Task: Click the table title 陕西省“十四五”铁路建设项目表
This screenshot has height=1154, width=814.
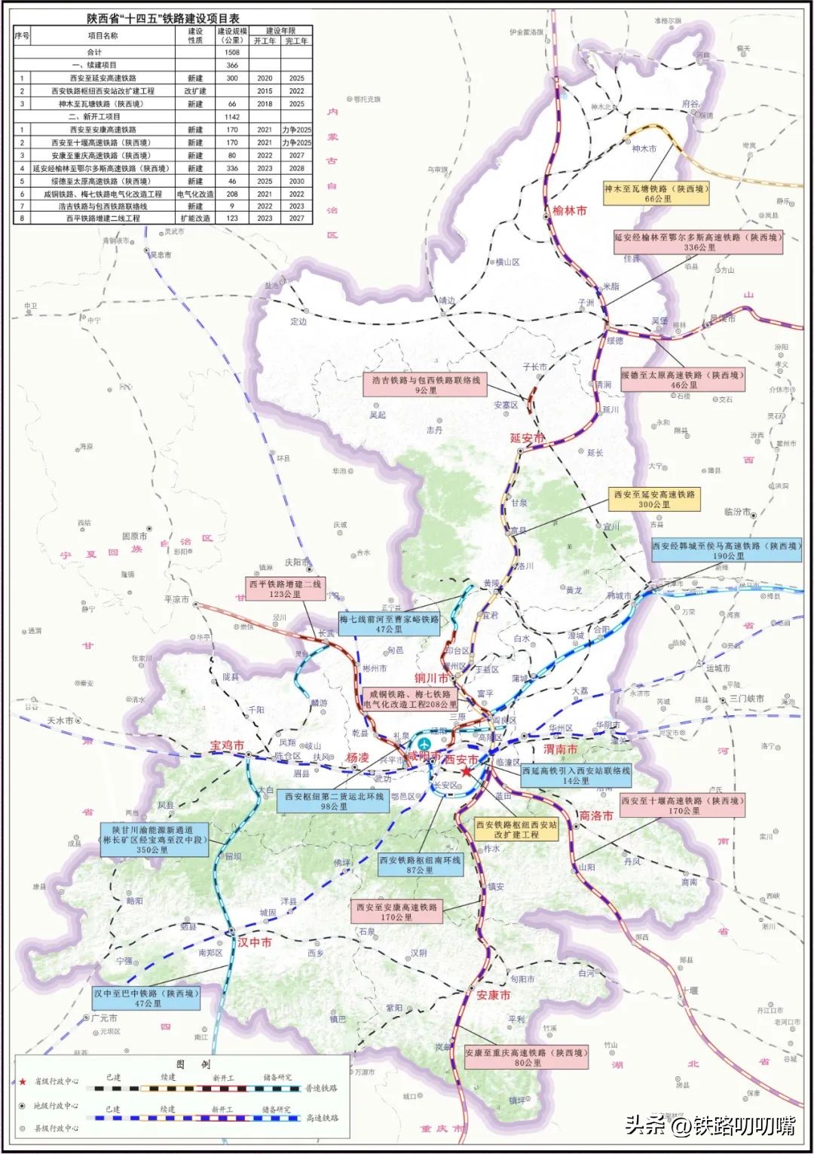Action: pos(163,18)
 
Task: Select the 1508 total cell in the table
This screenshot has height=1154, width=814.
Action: pos(232,52)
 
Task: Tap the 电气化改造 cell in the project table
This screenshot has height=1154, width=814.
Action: pos(195,194)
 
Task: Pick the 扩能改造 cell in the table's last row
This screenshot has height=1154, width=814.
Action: pos(195,218)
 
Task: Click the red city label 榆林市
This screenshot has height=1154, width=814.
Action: pos(569,210)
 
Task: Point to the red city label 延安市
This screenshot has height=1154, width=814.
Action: pos(527,438)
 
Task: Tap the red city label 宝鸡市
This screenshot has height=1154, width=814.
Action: pos(227,745)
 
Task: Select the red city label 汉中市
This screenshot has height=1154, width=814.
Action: pos(255,942)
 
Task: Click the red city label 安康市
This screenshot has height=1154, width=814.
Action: pos(494,995)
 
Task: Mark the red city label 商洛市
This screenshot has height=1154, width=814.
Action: pos(595,816)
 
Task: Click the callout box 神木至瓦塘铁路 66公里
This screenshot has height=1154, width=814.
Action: pos(656,194)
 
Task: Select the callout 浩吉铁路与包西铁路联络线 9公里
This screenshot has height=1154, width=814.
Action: pos(426,384)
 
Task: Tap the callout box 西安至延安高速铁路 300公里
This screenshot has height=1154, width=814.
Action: pos(654,499)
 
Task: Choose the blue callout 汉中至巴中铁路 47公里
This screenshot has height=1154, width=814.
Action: pos(147,998)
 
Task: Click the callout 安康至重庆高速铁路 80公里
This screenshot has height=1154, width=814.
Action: pos(526,1058)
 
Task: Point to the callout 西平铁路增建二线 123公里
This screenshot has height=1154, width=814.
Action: pos(286,589)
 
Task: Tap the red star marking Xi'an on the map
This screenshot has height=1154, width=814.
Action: pos(467,772)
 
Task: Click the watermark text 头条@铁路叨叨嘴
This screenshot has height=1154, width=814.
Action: pos(710,1125)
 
